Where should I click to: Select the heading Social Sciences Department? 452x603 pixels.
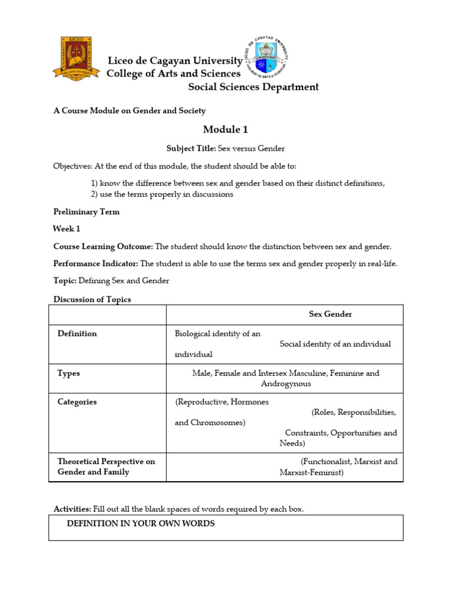point(253,87)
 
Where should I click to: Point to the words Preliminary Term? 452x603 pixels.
point(87,212)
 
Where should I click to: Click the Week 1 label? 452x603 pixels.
point(67,229)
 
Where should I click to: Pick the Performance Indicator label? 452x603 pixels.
point(96,263)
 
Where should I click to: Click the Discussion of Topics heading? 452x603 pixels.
point(92,299)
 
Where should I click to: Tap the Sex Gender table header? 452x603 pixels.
point(330,314)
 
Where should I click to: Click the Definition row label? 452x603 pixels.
point(77,334)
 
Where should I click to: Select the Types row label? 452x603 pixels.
point(69,373)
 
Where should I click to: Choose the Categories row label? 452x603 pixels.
point(77,402)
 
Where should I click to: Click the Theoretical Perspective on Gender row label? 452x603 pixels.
point(106,466)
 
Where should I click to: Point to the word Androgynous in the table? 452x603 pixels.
point(286,384)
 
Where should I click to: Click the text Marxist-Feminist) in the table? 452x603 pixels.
point(311,472)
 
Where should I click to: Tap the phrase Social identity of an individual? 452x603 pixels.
point(335,344)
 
